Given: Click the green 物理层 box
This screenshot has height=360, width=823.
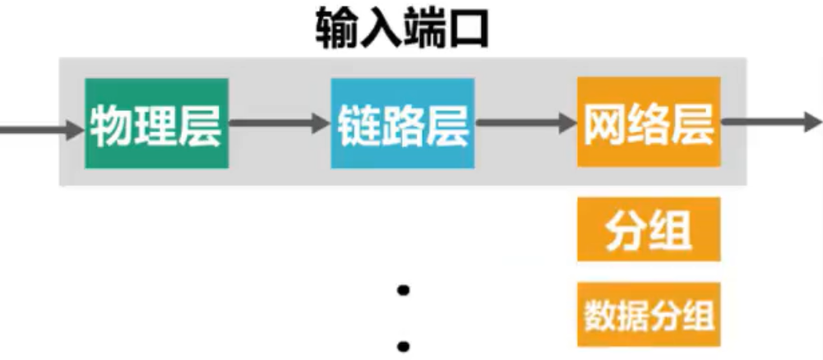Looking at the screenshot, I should click(156, 123).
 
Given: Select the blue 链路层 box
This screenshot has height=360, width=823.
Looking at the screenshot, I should click(403, 123).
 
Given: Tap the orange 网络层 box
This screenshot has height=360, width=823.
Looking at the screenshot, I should click(649, 123).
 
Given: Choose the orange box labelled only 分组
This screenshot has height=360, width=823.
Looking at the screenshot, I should click(649, 229).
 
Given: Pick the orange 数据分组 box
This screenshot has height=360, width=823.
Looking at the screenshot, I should click(649, 315).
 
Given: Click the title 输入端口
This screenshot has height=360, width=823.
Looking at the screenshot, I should click(402, 31).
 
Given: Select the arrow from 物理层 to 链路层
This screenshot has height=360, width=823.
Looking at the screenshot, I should click(280, 125).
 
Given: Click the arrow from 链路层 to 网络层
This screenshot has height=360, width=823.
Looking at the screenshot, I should click(526, 125).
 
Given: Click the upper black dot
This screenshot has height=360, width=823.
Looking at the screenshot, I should click(403, 291).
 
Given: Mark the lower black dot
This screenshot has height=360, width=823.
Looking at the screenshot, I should click(403, 345).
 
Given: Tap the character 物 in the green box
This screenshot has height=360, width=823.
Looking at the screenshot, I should click(113, 125).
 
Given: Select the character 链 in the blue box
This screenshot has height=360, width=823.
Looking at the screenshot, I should click(359, 125).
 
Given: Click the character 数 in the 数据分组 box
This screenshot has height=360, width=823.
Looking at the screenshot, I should click(600, 316).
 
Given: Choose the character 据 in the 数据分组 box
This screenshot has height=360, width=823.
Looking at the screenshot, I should click(632, 316).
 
